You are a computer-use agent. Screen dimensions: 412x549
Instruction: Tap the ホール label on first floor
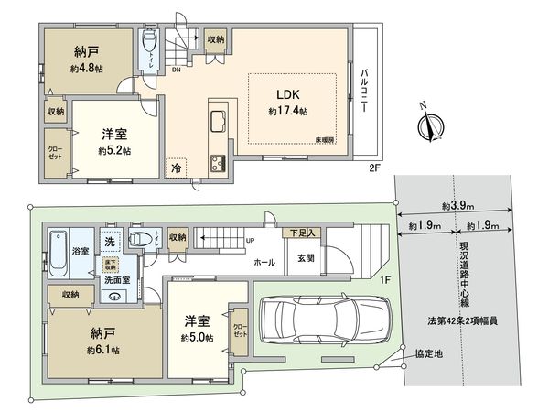pyautogui.click(x=264, y=262)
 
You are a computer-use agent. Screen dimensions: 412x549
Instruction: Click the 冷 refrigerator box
pyautogui.click(x=176, y=168)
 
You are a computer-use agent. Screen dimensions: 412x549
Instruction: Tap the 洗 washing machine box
pyautogui.click(x=109, y=243)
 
